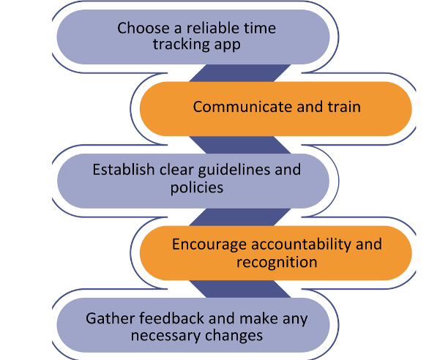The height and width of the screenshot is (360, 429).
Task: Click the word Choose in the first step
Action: point(143,29)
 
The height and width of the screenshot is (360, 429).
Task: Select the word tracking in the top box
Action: point(181,44)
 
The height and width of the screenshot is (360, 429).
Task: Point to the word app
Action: point(228,45)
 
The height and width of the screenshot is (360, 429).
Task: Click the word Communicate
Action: point(242,107)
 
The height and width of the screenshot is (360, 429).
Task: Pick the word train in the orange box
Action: point(345,107)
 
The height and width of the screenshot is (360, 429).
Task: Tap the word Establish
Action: point(124,169)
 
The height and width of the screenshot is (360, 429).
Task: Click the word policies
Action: point(197,188)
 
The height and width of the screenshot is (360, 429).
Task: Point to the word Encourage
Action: point(209,244)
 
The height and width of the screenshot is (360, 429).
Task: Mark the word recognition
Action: point(277,263)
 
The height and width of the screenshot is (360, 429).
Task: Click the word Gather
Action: point(110,318)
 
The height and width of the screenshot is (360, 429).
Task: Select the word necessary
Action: point(165,336)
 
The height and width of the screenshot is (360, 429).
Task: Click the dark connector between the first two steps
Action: point(239,73)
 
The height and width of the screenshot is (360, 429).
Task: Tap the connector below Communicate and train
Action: point(239,145)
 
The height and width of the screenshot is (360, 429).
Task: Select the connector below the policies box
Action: point(239,217)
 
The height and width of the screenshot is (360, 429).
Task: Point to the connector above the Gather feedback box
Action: point(239,289)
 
